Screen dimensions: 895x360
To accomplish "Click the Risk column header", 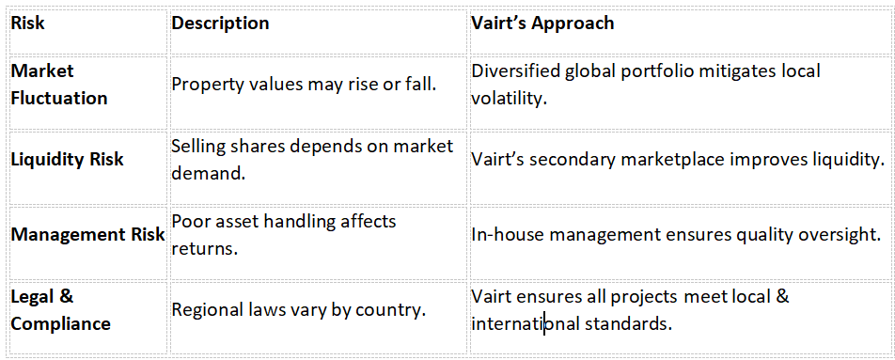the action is pos(28,23).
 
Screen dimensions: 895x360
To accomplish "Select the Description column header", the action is pos(220,23).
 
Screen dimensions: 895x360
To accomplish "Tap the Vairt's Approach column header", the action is pos(542,23).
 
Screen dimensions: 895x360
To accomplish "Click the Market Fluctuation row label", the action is pos(59,85).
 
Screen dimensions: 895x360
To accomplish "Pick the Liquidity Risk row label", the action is pos(68,159).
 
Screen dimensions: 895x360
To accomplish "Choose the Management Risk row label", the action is pos(88,234).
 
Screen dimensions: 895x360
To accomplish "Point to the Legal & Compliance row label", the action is pos(61,310).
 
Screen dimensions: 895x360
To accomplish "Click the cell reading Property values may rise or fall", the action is pos(305,85).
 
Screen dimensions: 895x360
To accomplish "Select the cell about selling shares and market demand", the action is pos(312,159).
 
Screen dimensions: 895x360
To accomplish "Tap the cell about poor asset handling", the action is pos(284,234).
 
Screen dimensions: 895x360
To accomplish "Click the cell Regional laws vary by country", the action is pos(299,310).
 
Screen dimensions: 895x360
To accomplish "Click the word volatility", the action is pos(510,98).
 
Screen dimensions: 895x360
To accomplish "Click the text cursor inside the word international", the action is pos(544,324).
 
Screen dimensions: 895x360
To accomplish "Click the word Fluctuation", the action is pos(59,98).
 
